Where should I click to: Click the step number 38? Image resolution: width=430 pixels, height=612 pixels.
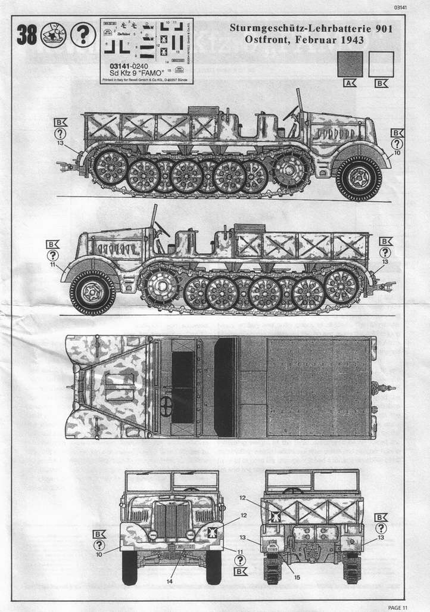coord(26,36)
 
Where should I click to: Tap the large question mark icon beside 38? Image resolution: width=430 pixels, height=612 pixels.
coord(83,36)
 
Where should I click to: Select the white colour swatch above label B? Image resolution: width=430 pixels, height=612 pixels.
coord(381,64)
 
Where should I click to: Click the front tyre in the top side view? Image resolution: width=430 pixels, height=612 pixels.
coord(359,178)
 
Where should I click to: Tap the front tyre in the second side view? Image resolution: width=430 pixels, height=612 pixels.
coord(92,292)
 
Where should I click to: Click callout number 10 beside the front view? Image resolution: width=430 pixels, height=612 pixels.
coord(99,555)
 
